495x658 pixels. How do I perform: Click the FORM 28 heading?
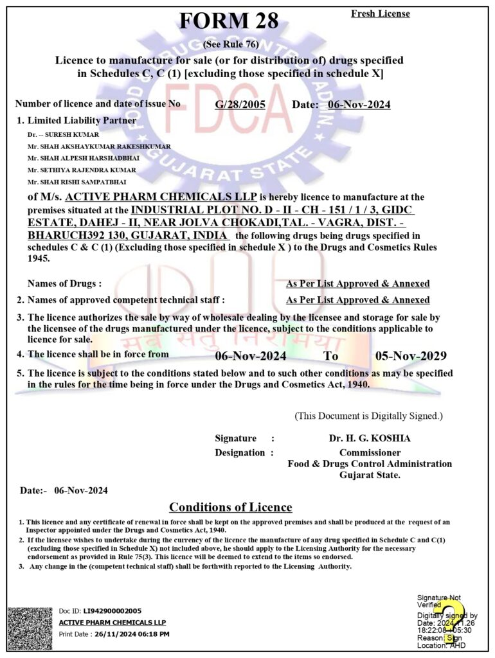pyautogui.click(x=229, y=21)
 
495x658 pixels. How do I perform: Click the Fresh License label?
pyautogui.click(x=380, y=13)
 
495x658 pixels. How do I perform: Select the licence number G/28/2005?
pyautogui.click(x=240, y=105)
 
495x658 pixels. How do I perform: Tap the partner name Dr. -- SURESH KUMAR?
pyautogui.click(x=63, y=135)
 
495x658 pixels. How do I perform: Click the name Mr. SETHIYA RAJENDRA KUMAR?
pyautogui.click(x=82, y=170)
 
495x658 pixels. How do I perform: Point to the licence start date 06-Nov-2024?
pyautogui.click(x=251, y=355)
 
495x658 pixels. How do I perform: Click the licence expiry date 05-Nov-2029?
pyautogui.click(x=411, y=355)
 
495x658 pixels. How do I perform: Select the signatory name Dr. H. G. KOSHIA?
pyautogui.click(x=369, y=438)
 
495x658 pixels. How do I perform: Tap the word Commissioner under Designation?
pyautogui.click(x=369, y=452)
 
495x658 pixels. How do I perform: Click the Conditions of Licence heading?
pyautogui.click(x=230, y=507)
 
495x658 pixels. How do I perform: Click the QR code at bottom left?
pyautogui.click(x=29, y=628)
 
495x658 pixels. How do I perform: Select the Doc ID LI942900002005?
pyautogui.click(x=112, y=611)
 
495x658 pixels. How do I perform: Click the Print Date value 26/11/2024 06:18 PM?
pyautogui.click(x=132, y=634)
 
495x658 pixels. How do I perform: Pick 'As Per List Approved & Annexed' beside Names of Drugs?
pyautogui.click(x=357, y=283)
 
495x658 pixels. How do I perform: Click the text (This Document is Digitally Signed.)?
pyautogui.click(x=368, y=416)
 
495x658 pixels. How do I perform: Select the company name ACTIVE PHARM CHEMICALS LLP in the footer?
pyautogui.click(x=112, y=623)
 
